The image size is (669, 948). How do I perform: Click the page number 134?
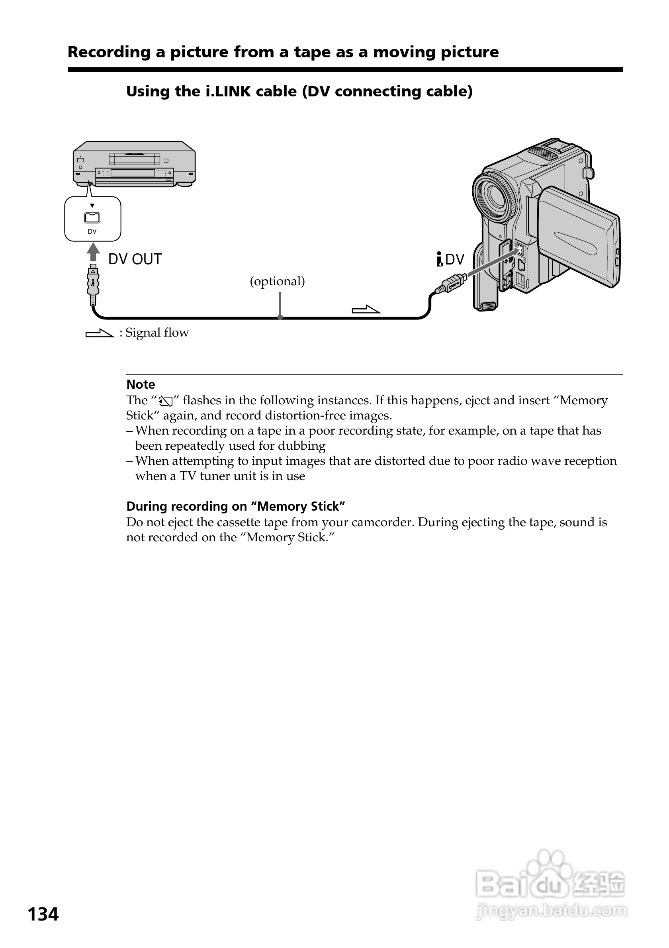tap(43, 914)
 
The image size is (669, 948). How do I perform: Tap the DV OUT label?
tap(135, 259)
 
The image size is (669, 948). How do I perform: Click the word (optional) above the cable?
tap(277, 281)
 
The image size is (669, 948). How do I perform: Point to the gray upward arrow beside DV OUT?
tap(93, 251)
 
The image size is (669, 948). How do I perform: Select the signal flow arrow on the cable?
tap(366, 309)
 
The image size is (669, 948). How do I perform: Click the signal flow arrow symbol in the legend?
tap(100, 333)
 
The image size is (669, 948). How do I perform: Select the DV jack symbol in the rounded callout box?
tap(92, 217)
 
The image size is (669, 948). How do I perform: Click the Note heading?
tap(141, 384)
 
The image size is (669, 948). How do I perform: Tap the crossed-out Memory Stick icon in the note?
tap(165, 401)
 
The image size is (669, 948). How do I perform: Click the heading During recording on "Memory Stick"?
tap(235, 506)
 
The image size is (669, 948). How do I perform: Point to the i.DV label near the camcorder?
tap(450, 259)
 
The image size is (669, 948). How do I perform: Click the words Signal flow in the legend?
tap(157, 332)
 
